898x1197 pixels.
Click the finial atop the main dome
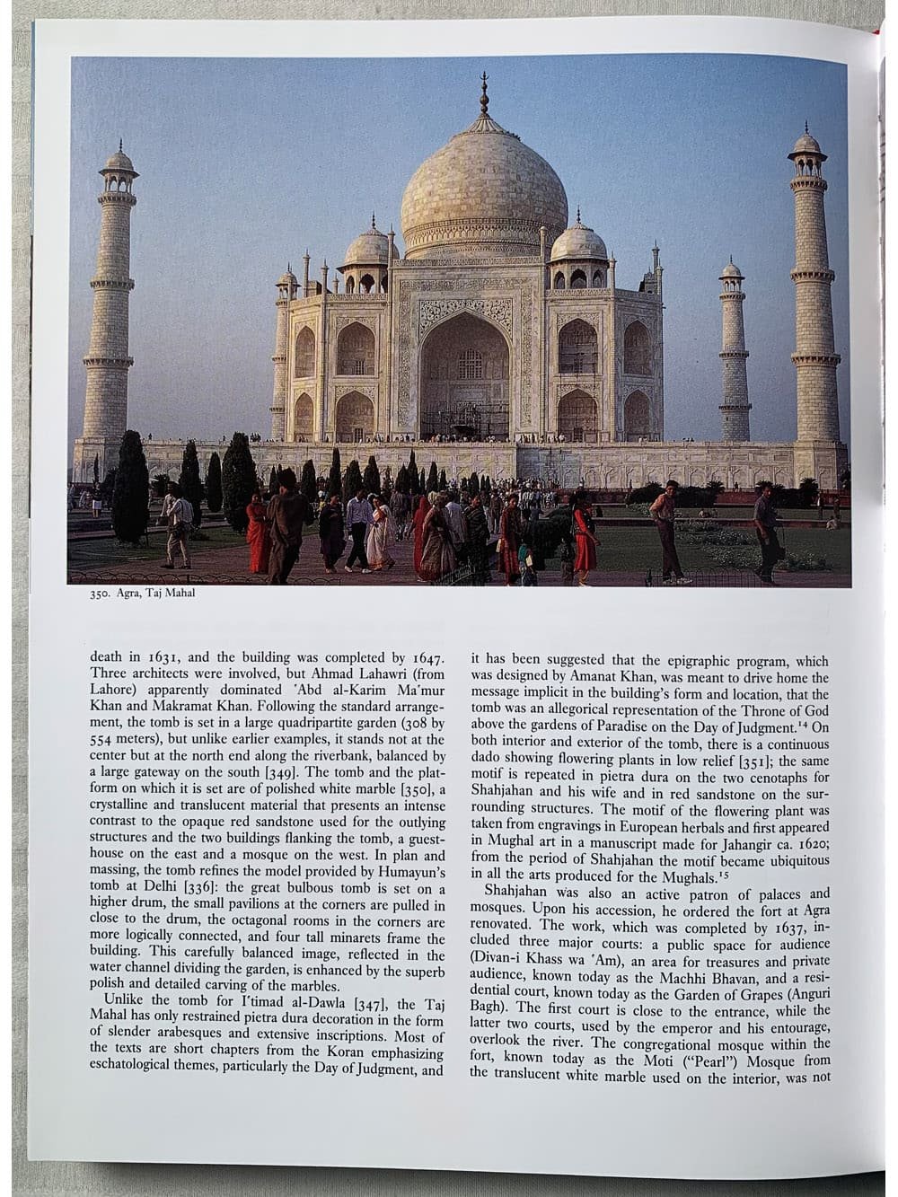click(x=484, y=94)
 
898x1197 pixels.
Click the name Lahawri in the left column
click(x=352, y=673)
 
